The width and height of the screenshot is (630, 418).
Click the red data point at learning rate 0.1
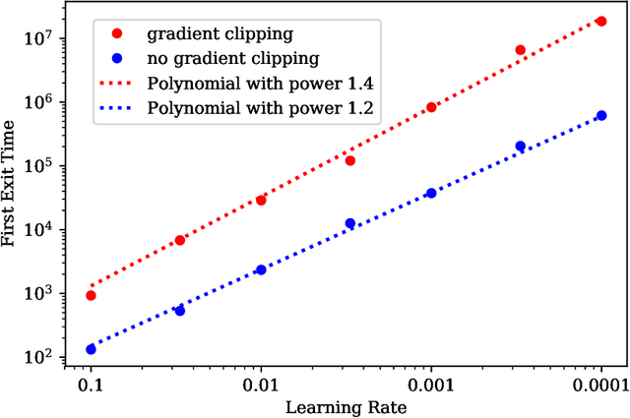click(91, 295)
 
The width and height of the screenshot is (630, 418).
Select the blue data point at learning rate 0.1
click(91, 349)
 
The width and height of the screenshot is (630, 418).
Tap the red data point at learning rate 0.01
click(261, 200)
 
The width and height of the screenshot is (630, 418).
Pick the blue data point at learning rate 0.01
click(261, 269)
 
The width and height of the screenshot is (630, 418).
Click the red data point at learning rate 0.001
click(431, 107)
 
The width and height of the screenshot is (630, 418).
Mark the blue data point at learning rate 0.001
click(431, 193)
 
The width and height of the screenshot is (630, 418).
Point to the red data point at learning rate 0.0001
click(601, 21)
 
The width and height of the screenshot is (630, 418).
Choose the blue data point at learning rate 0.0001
click(601, 115)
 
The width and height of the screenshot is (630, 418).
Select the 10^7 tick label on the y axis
click(51, 38)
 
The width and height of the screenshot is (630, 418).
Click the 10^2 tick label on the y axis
click(51, 357)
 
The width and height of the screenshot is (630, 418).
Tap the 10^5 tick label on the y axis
click(51, 166)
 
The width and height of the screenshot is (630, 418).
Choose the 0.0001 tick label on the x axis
click(599, 385)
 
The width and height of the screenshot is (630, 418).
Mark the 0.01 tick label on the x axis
click(261, 385)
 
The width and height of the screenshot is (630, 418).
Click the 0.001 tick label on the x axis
click(431, 385)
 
